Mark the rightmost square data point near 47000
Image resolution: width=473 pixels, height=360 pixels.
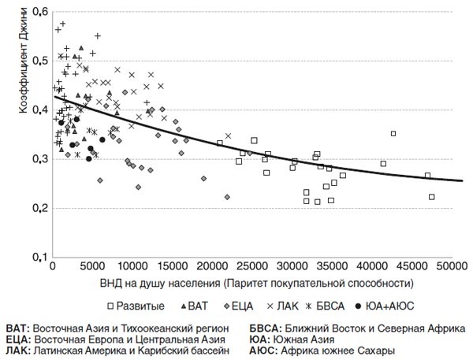pos(431,197)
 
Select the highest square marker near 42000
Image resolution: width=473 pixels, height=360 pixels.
pos(393,134)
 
